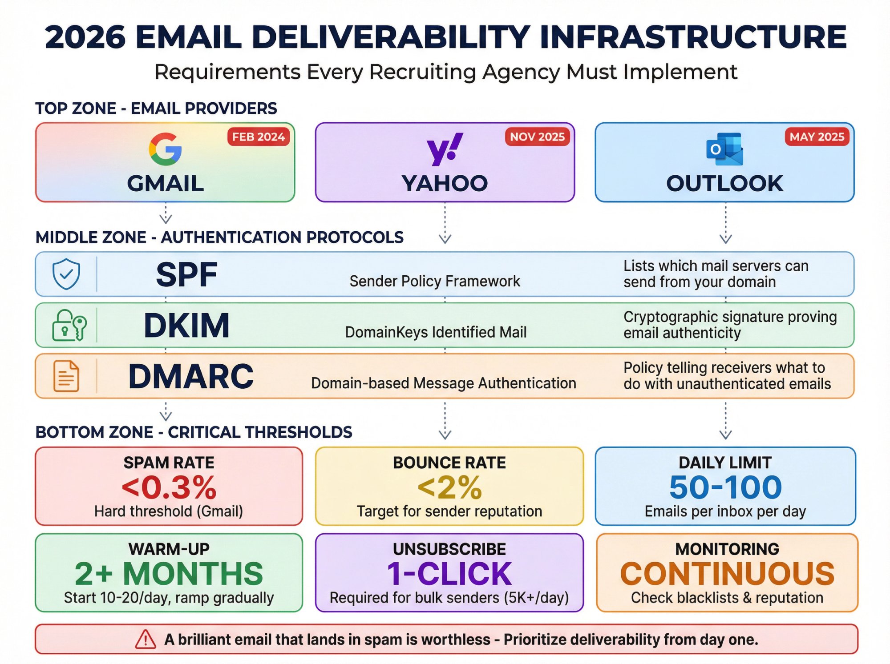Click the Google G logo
click(x=165, y=149)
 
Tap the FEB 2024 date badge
click(x=259, y=137)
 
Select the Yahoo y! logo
click(x=445, y=149)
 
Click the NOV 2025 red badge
click(x=537, y=137)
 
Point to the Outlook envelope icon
click(x=724, y=149)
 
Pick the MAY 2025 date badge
click(x=817, y=137)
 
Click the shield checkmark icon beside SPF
click(x=66, y=274)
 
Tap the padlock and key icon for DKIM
click(x=69, y=325)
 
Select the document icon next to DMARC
click(x=66, y=376)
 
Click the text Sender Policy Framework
click(x=435, y=281)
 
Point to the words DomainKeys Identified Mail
click(x=436, y=332)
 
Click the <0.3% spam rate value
click(x=169, y=487)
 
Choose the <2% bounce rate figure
click(x=449, y=487)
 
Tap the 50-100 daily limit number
click(x=725, y=487)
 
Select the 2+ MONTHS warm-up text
click(x=169, y=574)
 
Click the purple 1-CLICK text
click(x=449, y=574)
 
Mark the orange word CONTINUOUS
click(x=727, y=574)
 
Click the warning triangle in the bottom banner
click(x=146, y=640)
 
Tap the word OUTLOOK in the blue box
click(x=724, y=183)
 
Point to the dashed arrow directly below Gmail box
click(x=166, y=213)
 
